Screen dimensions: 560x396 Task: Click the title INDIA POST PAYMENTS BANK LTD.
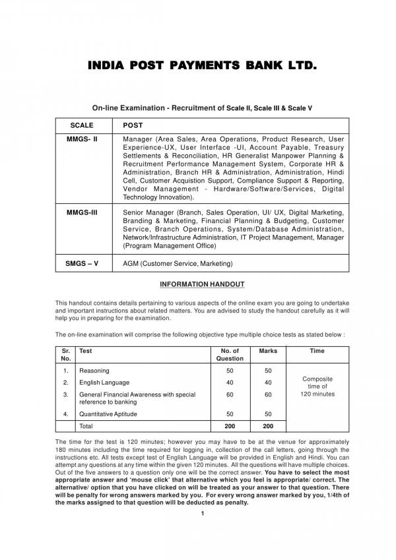point(198,67)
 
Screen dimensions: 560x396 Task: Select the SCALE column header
point(81,125)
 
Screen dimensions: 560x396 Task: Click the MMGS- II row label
point(82,140)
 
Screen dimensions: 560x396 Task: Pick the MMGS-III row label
point(82,213)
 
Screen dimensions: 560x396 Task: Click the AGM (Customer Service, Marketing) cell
point(178,264)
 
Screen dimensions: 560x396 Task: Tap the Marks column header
point(268,351)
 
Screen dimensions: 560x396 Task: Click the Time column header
point(317,351)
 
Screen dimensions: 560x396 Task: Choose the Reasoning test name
point(94,371)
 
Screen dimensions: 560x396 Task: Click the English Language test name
point(104,383)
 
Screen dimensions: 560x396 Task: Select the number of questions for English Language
point(230,383)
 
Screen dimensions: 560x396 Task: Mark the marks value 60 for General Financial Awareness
point(268,394)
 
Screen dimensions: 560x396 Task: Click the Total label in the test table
point(86,427)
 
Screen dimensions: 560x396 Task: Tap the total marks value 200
point(268,427)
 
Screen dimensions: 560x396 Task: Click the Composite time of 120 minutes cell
point(317,387)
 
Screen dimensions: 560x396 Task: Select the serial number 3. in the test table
point(65,394)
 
